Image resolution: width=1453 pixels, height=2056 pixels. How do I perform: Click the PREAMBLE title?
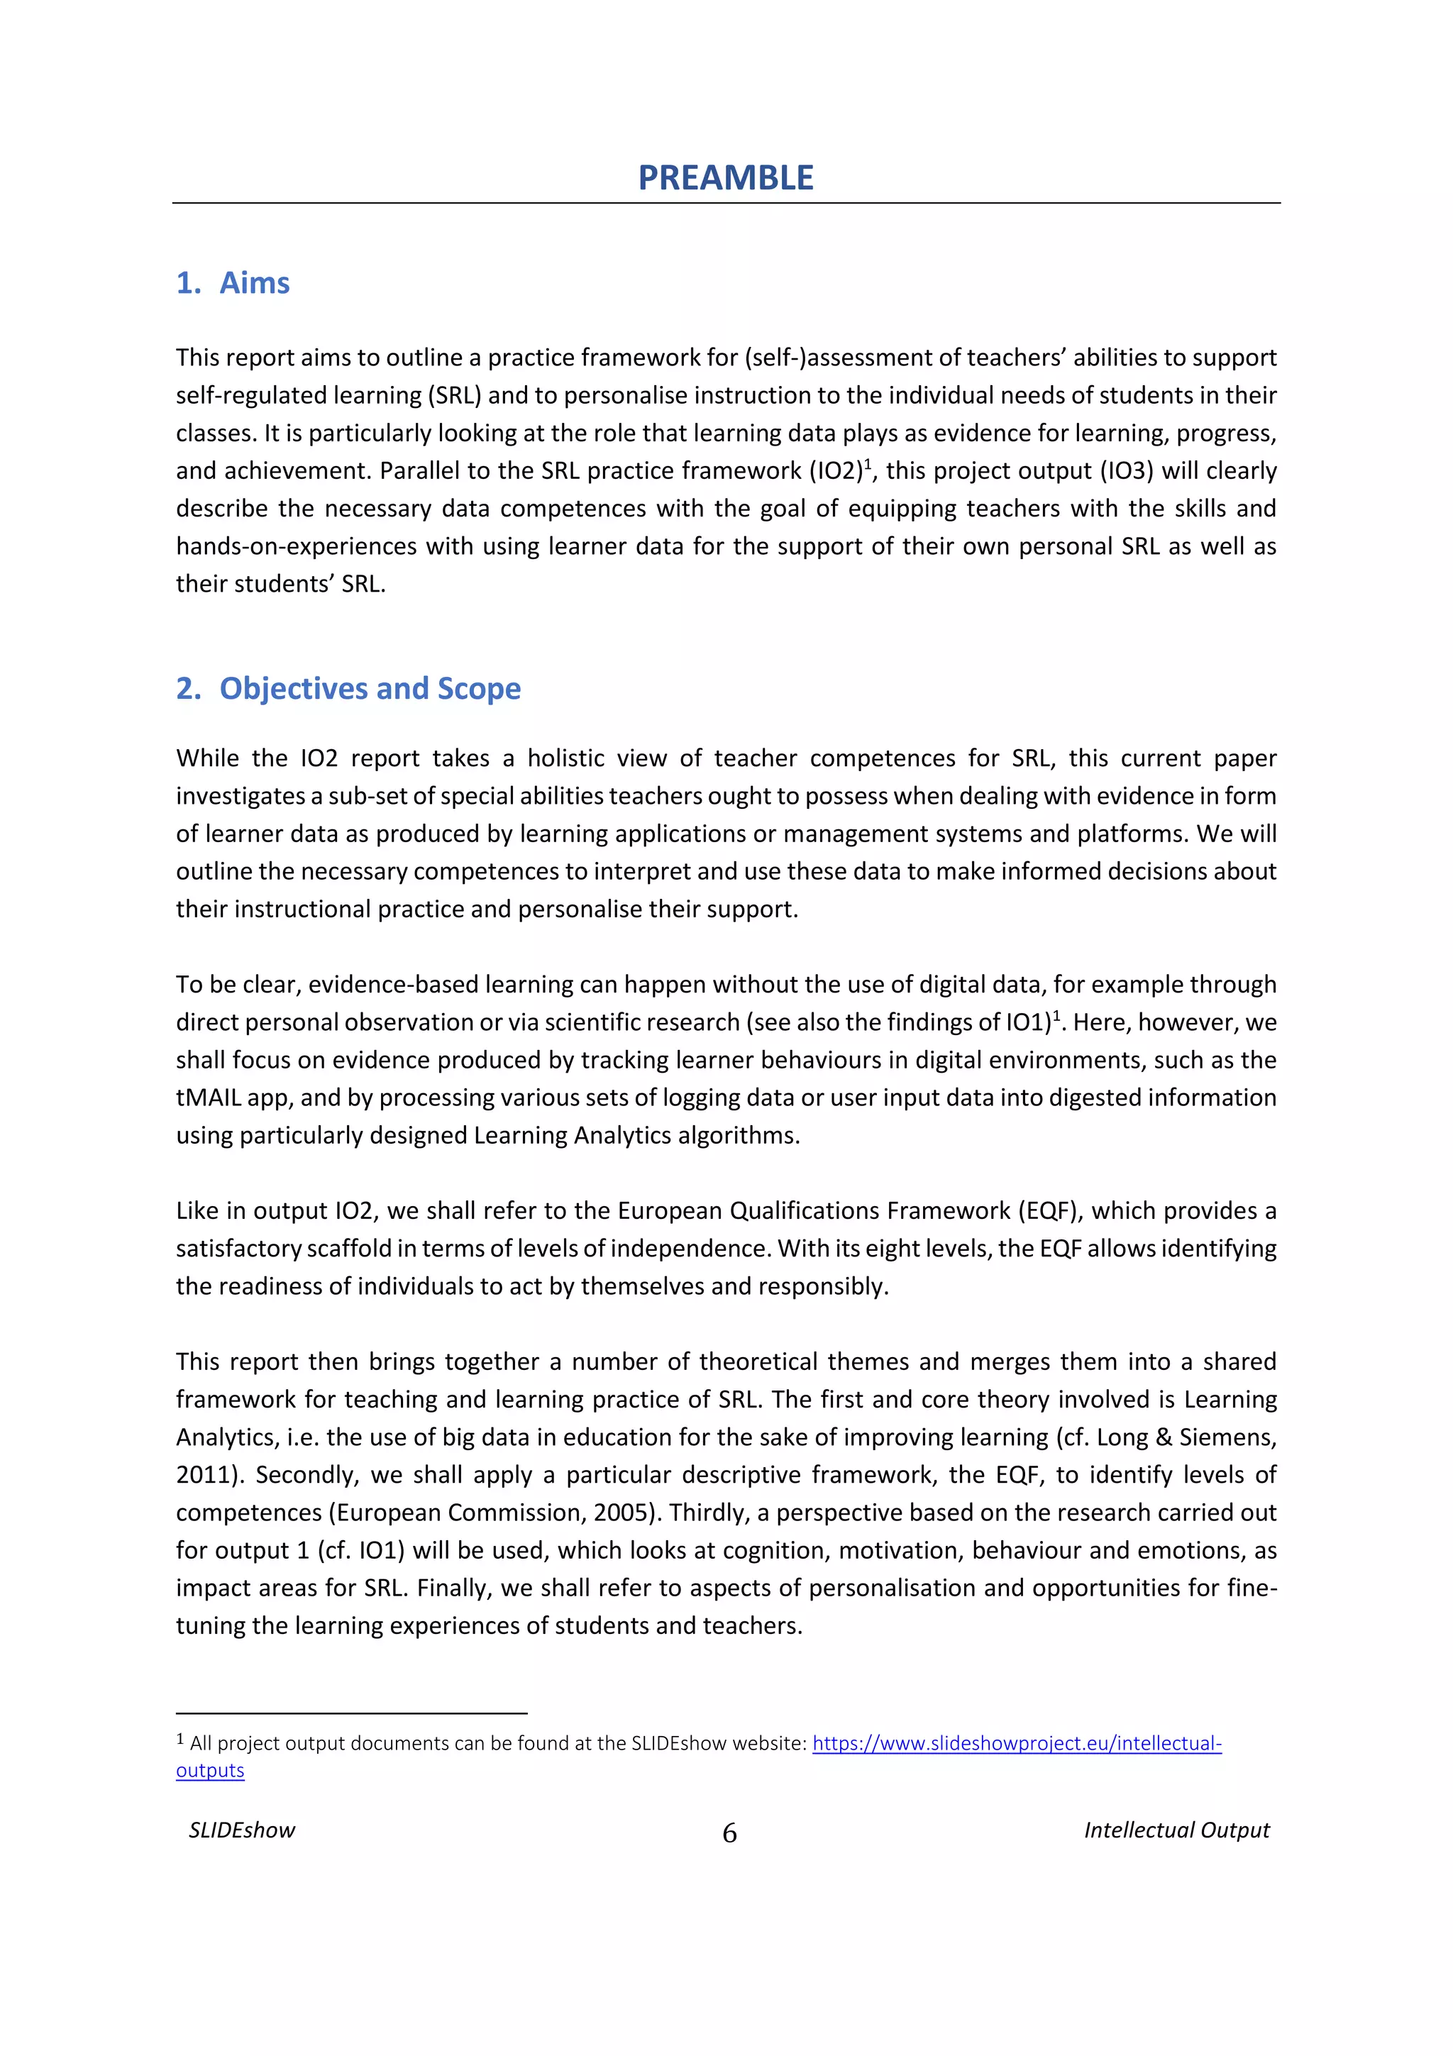(725, 177)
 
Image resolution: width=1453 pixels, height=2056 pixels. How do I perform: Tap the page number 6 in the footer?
(729, 1833)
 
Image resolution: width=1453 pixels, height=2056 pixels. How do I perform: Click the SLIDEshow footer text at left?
(242, 1830)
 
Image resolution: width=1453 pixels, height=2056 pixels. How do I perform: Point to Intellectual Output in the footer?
(1176, 1830)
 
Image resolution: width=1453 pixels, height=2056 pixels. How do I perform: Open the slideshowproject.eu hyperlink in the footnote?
(1016, 1742)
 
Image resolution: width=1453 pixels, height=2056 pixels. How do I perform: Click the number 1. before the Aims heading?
(188, 283)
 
